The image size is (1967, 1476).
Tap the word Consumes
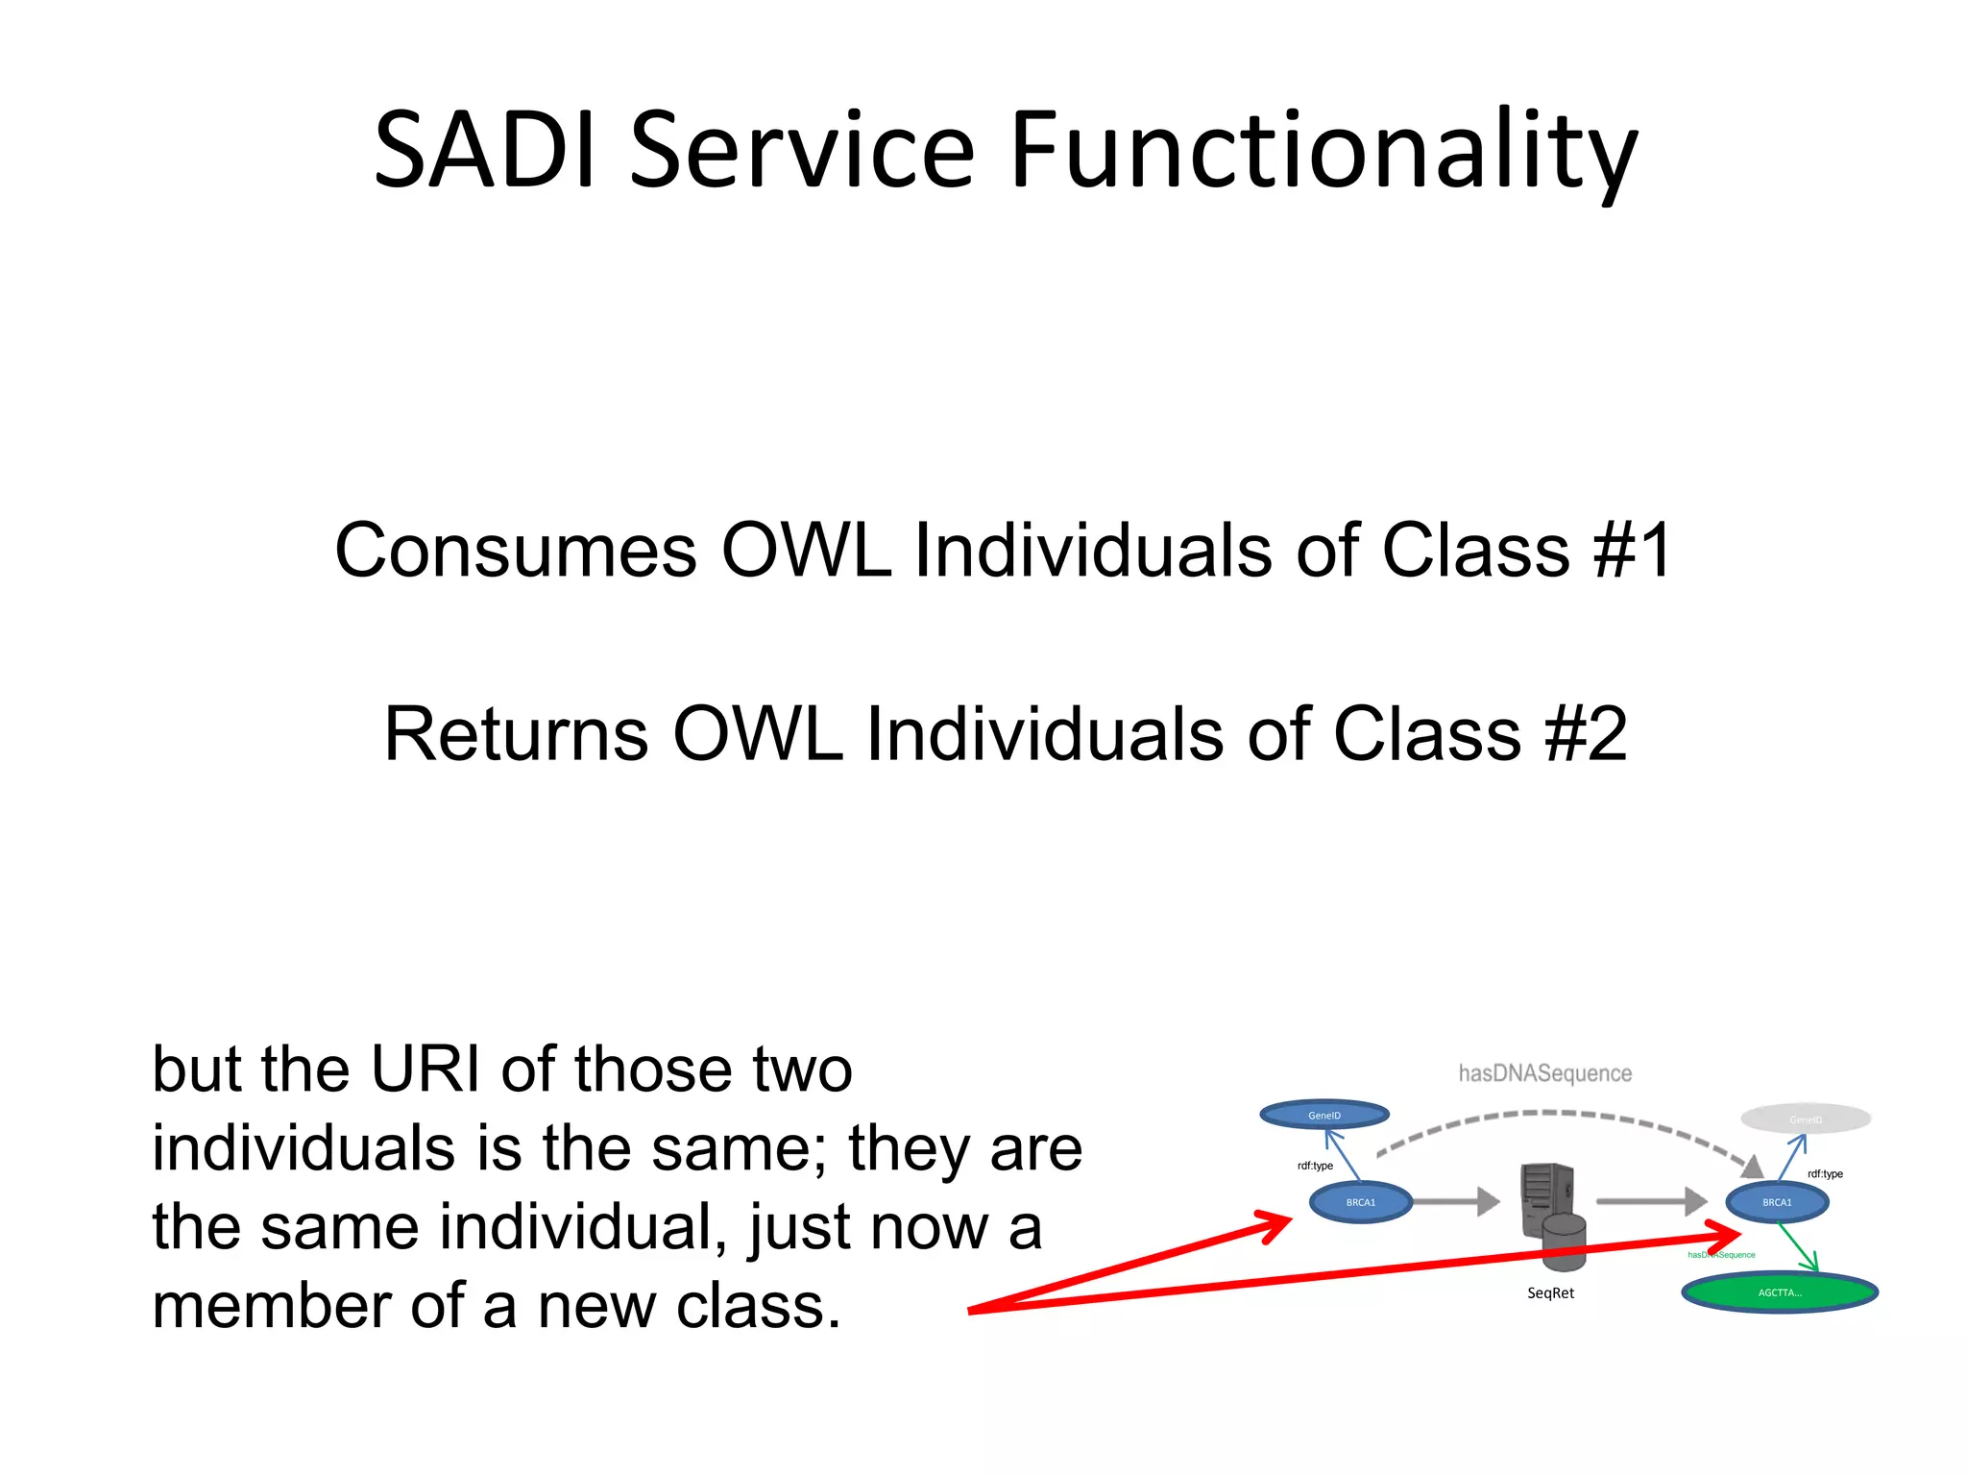click(x=516, y=551)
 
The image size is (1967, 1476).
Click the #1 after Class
click(x=1632, y=551)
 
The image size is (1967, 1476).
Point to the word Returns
click(x=516, y=734)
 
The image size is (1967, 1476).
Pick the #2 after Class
click(x=1586, y=734)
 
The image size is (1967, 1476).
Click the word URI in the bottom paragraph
click(x=425, y=1069)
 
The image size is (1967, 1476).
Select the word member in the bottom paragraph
click(x=271, y=1306)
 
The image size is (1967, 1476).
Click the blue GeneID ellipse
click(x=1323, y=1115)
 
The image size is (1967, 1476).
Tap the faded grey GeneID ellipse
click(x=1806, y=1119)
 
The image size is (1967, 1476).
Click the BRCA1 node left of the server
click(x=1360, y=1202)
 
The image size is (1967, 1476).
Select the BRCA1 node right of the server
click(x=1777, y=1202)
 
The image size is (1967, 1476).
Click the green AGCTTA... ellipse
click(x=1780, y=1292)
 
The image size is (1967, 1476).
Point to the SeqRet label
click(x=1550, y=1293)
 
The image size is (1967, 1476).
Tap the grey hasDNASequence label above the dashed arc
click(x=1544, y=1073)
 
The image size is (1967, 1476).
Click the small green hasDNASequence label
click(x=1721, y=1255)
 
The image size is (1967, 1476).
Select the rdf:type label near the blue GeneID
click(x=1315, y=1166)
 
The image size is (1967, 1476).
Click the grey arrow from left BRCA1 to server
click(x=1456, y=1201)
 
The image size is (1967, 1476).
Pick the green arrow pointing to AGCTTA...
click(x=1798, y=1247)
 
